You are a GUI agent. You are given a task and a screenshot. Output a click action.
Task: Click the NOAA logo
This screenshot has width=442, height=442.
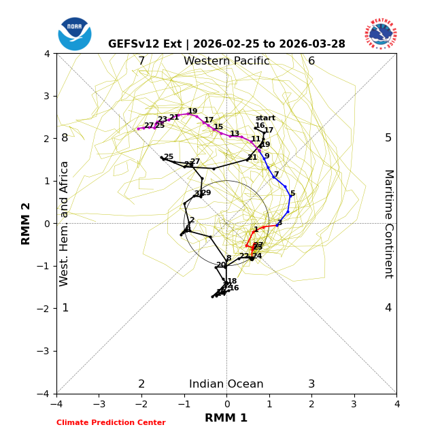[75, 33]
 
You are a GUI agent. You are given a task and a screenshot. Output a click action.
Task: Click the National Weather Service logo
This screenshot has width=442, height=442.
[380, 33]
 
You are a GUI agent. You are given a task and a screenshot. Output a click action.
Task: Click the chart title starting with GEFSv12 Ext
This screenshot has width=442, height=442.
[226, 44]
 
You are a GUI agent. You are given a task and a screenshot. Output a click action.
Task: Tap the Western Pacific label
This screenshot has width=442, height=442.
[226, 61]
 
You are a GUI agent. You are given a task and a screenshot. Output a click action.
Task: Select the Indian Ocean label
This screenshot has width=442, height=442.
[226, 384]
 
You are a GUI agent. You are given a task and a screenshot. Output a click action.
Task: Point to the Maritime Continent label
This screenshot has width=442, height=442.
[388, 223]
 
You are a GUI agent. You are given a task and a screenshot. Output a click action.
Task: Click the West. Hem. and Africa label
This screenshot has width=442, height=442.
[65, 223]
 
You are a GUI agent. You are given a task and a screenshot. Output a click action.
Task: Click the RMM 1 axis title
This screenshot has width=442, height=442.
[226, 418]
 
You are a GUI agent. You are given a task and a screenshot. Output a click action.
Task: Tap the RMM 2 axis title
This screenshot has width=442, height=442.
[27, 223]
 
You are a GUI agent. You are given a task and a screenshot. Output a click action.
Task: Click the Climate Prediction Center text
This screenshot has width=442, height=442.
[111, 423]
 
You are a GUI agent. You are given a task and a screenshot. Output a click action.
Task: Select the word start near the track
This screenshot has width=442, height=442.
[265, 118]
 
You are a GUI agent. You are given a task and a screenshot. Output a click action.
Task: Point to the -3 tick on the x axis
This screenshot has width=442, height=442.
[99, 404]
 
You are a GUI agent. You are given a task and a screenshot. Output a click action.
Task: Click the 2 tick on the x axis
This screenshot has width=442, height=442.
[311, 404]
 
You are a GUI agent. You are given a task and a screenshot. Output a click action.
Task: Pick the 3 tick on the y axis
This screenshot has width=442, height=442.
[47, 96]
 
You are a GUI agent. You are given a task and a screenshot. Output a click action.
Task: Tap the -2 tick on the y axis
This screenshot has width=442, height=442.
[45, 308]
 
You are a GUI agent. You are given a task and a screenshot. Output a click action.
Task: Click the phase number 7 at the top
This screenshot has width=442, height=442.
[141, 61]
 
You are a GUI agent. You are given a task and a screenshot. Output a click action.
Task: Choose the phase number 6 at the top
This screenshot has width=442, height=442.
[311, 61]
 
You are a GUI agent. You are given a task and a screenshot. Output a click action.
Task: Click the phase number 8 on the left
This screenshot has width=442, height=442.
[65, 138]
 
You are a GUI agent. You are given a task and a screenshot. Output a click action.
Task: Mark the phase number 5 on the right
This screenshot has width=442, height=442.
[388, 138]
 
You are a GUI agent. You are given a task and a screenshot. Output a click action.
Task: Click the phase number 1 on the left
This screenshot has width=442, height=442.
[65, 308]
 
